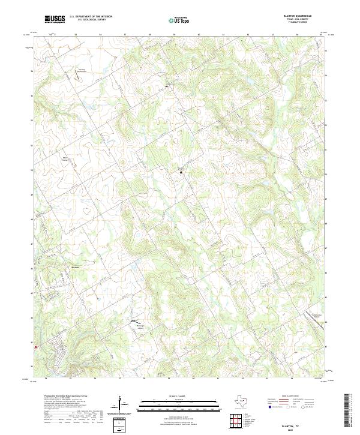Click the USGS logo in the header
point(55,19)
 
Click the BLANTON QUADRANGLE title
point(298,17)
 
